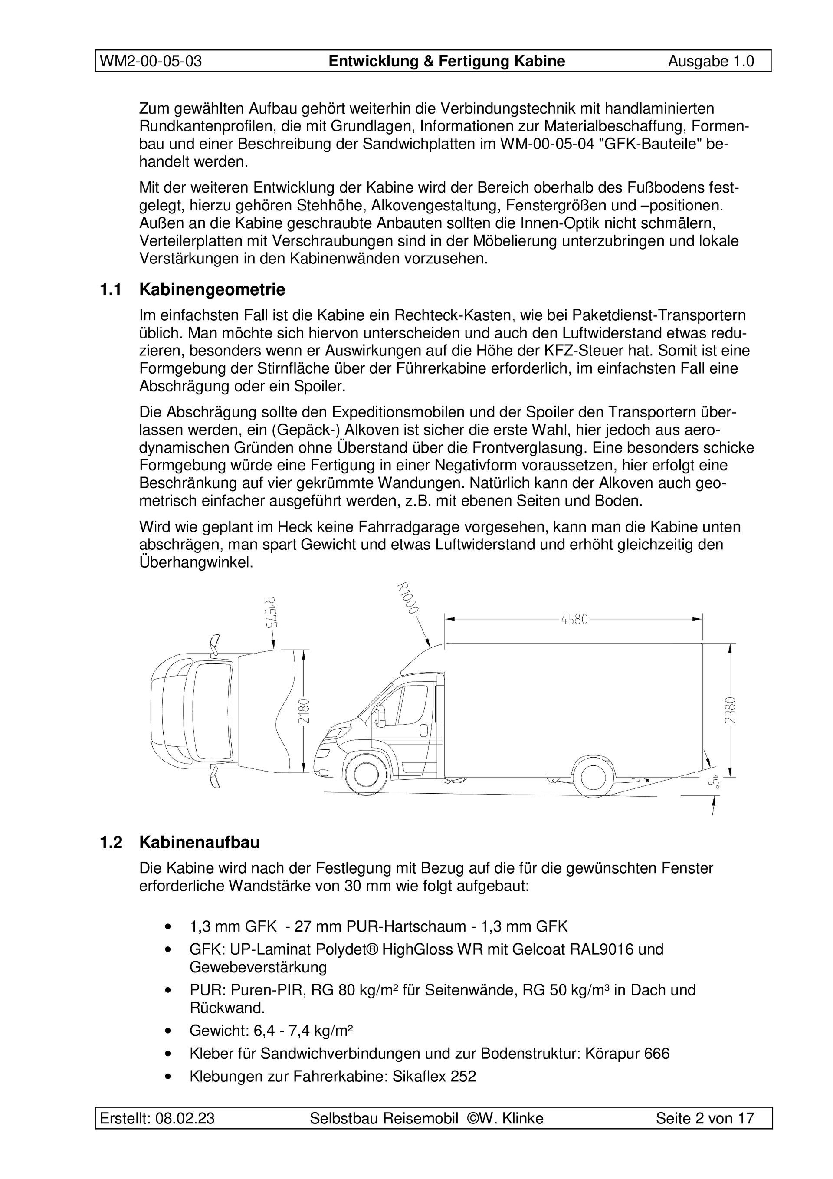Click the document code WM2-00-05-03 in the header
coord(151,62)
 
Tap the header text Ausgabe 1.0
coord(711,62)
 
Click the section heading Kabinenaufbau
coord(199,843)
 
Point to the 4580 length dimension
coord(574,619)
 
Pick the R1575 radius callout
coord(269,613)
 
